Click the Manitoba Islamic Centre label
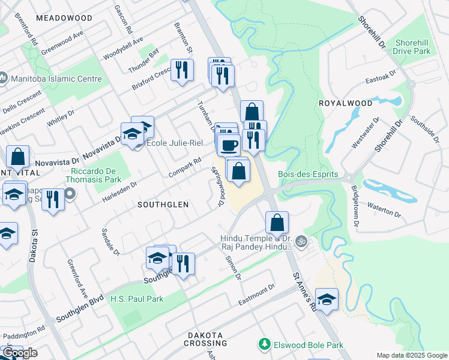click(x=51, y=79)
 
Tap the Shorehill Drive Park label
click(x=412, y=47)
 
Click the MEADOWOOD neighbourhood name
click(x=64, y=18)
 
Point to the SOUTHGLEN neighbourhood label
click(x=163, y=205)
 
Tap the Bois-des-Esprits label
click(x=308, y=175)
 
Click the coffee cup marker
click(x=228, y=145)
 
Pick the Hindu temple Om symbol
click(x=302, y=242)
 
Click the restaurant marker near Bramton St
click(x=182, y=70)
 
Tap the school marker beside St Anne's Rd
click(x=326, y=299)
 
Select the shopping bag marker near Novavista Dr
click(x=19, y=157)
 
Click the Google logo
click(x=20, y=353)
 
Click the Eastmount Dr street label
click(x=256, y=295)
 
